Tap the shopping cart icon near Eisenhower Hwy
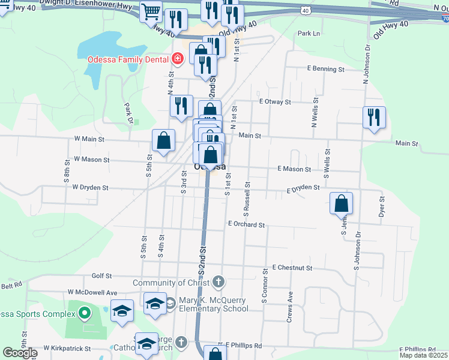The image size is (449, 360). coord(151,11)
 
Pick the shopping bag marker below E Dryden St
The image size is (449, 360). coord(341,203)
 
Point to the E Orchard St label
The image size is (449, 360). coord(246,224)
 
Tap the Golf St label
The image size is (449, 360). coord(101,276)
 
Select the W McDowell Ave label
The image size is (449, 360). coord(92,292)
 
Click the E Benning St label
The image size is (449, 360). coord(326,70)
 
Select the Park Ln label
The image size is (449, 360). coord(309,34)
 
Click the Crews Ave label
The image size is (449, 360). coord(290,307)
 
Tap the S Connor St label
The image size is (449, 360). coord(264,289)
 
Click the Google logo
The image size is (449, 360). coord(20,353)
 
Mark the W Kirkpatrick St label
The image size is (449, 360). coord(67,348)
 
